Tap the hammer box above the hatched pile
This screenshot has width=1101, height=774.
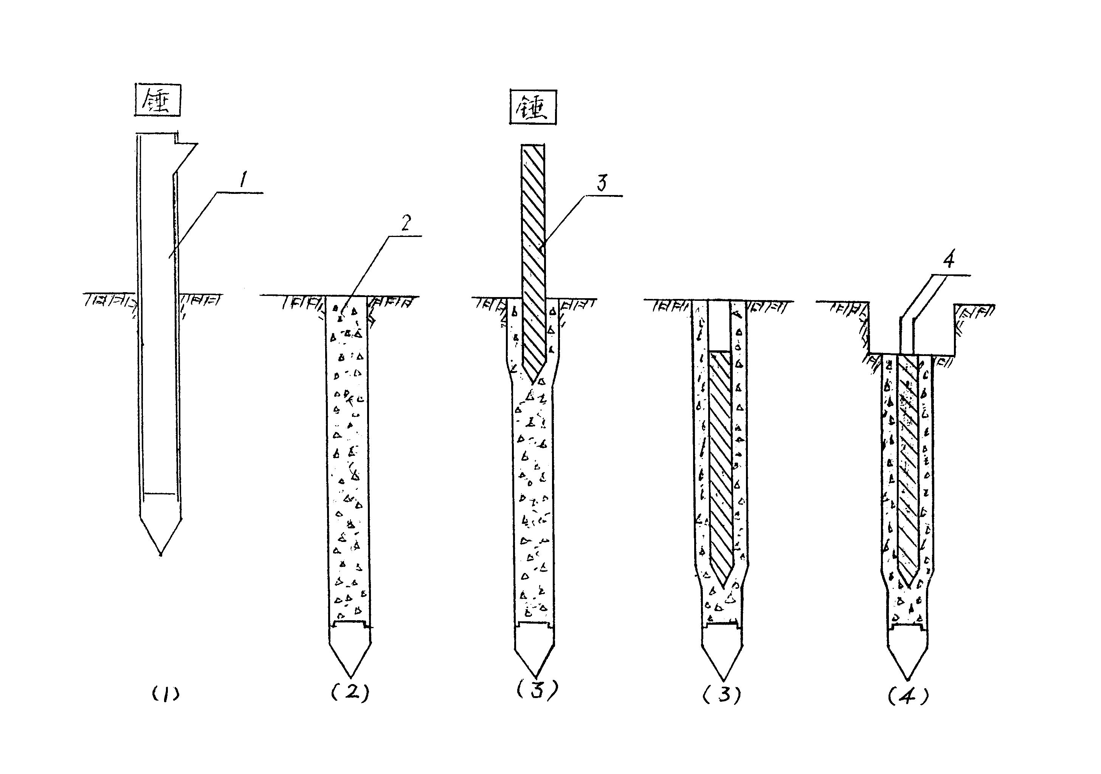533,107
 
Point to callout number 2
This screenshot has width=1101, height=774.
406,223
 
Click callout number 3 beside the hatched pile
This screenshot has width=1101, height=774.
602,183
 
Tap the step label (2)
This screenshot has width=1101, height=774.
350,692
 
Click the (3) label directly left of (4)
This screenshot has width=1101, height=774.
722,694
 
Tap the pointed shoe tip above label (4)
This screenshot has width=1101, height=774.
908,680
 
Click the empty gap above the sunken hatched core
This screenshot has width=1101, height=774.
719,326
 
